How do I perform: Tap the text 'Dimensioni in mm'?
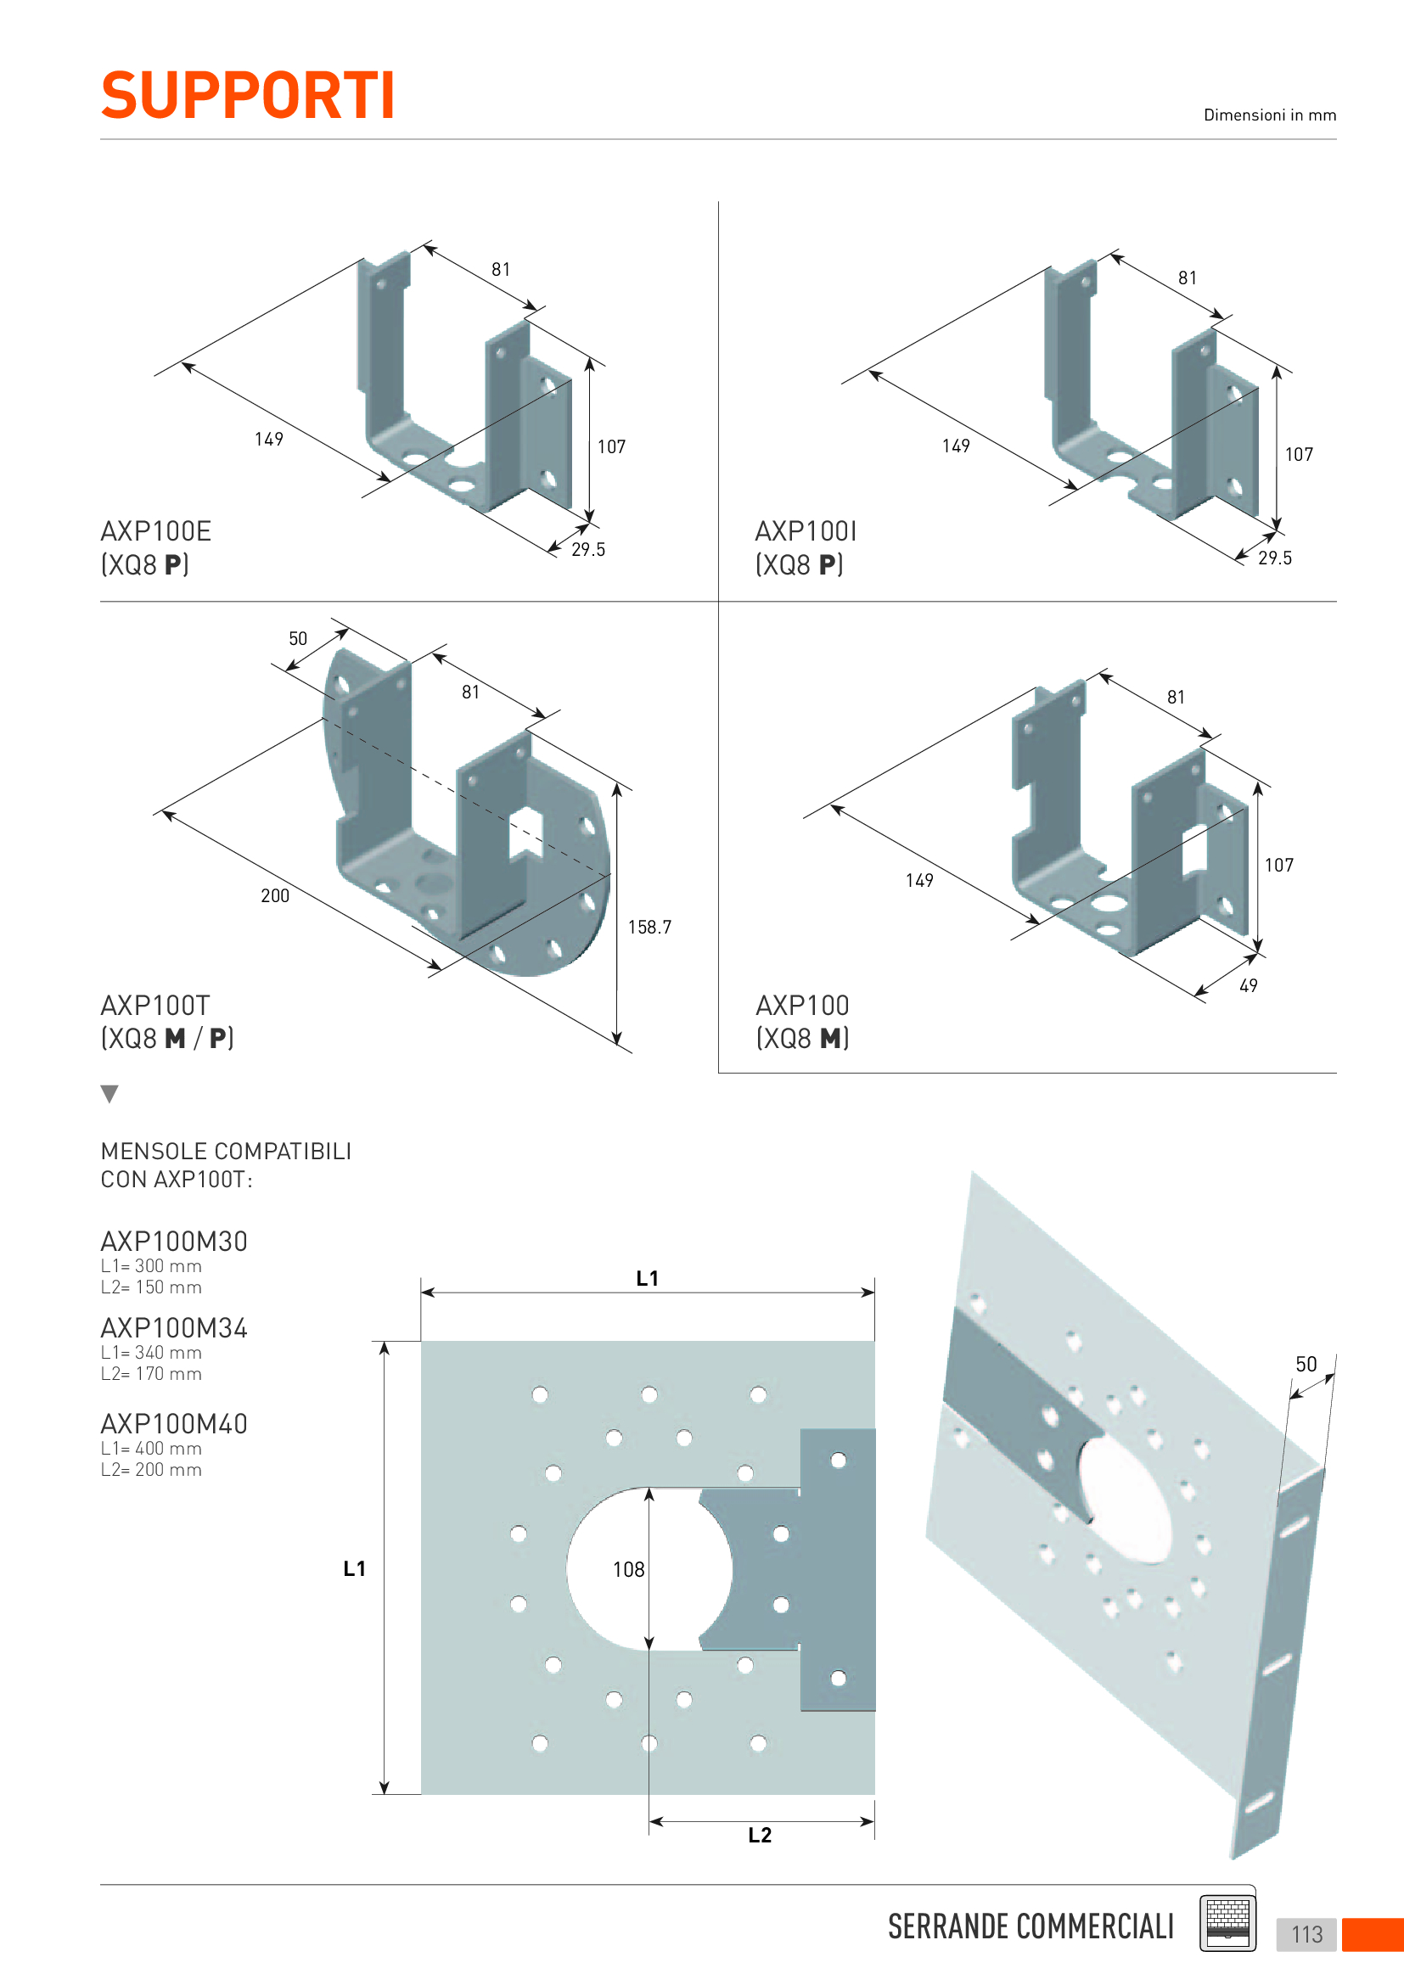pyautogui.click(x=1269, y=115)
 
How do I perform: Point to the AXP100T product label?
pyautogui.click(x=154, y=1006)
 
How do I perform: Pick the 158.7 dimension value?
pyautogui.click(x=649, y=927)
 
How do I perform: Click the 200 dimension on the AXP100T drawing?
pyautogui.click(x=275, y=895)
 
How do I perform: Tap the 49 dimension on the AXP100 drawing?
pyautogui.click(x=1248, y=985)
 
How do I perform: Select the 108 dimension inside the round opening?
pyautogui.click(x=628, y=1569)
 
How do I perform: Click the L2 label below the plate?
pyautogui.click(x=760, y=1835)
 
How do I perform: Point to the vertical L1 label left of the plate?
pyautogui.click(x=355, y=1568)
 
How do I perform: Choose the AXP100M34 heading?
pyautogui.click(x=174, y=1328)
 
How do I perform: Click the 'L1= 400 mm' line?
pyautogui.click(x=151, y=1448)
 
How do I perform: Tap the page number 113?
pyautogui.click(x=1306, y=1934)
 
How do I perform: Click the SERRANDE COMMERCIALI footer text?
pyautogui.click(x=1031, y=1926)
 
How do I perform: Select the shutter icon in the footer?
pyautogui.click(x=1227, y=1924)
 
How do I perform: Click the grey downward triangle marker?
pyautogui.click(x=110, y=1094)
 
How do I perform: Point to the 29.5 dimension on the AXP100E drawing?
pyautogui.click(x=588, y=550)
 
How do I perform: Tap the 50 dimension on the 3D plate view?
pyautogui.click(x=1306, y=1365)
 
